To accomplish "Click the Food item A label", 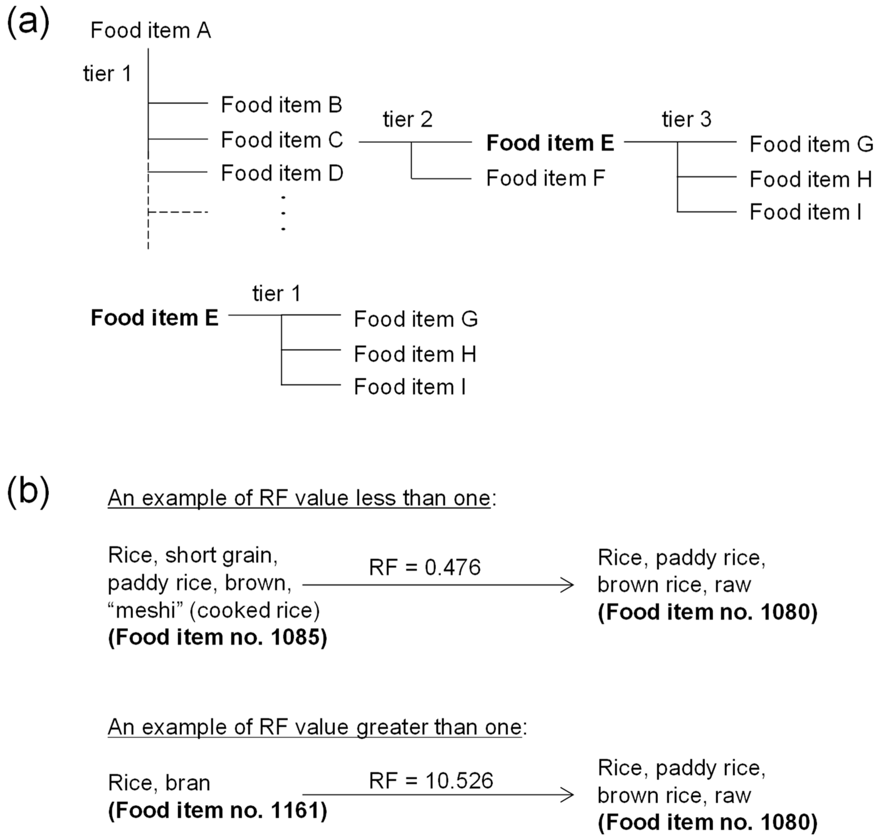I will pyautogui.click(x=151, y=30).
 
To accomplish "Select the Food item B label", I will pyautogui.click(x=282, y=105).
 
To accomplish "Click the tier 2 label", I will pyautogui.click(x=408, y=119).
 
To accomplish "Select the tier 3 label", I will pyautogui.click(x=686, y=119).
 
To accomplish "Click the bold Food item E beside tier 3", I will pyautogui.click(x=550, y=143).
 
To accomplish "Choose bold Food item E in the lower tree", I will pyautogui.click(x=155, y=318).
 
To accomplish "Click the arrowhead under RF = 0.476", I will pyautogui.click(x=569, y=584).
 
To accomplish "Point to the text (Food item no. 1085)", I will pyautogui.click(x=218, y=637).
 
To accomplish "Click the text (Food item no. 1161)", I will pyautogui.click(x=218, y=810).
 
